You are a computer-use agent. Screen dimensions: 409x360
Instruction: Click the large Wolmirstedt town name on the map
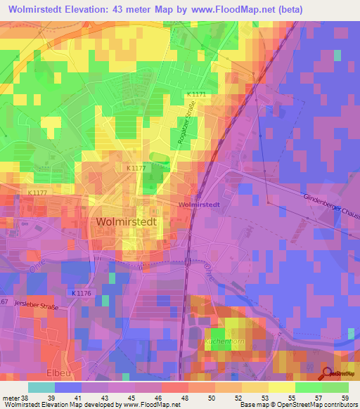point(124,221)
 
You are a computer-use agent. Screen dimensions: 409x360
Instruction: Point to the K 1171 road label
point(199,93)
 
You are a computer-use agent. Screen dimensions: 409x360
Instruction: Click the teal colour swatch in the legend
point(41,387)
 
